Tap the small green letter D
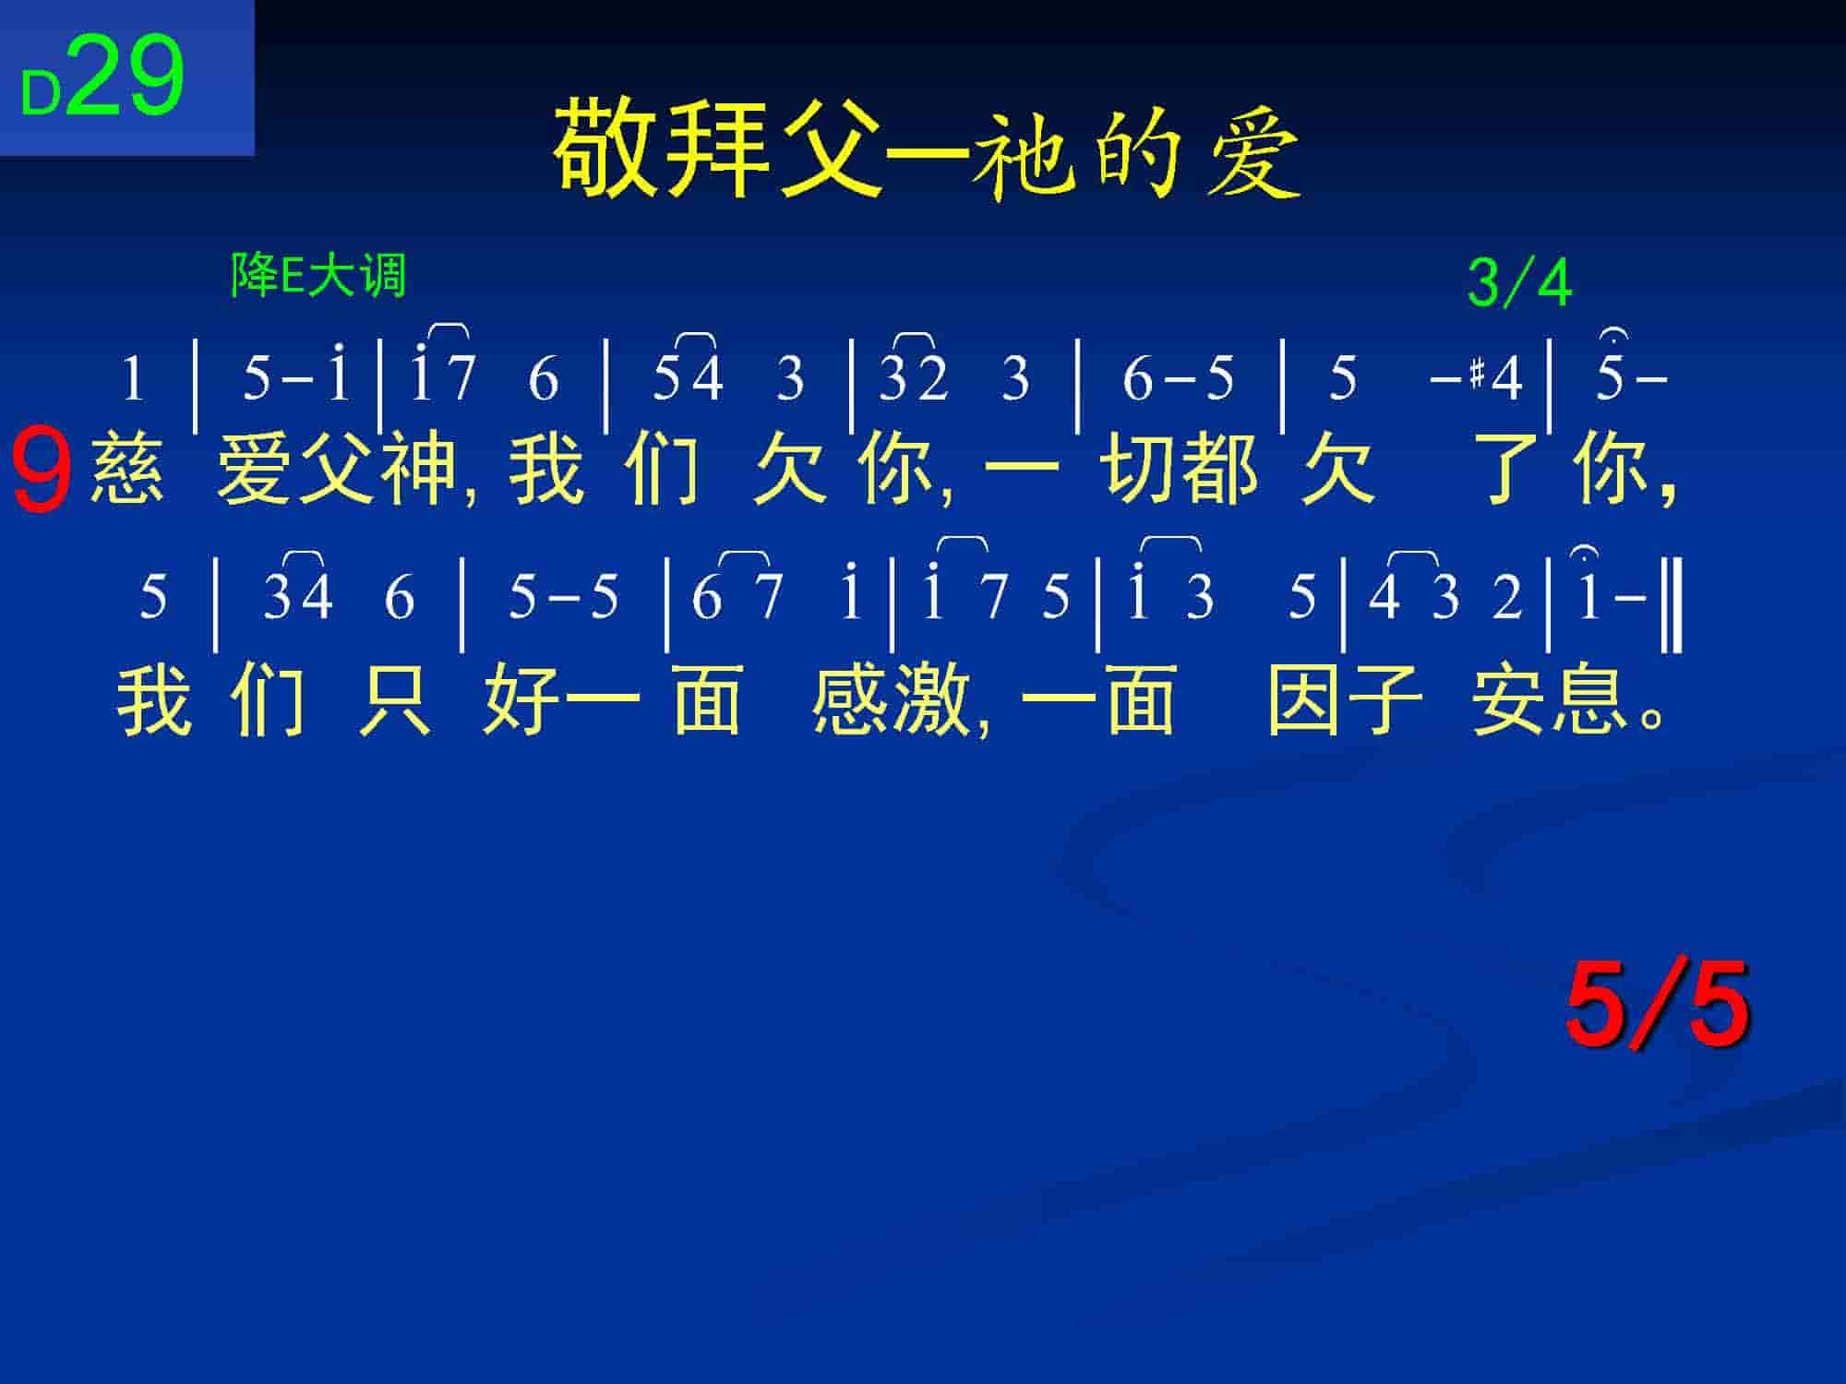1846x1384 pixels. [x=41, y=94]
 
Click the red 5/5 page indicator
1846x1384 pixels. [x=1658, y=1004]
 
